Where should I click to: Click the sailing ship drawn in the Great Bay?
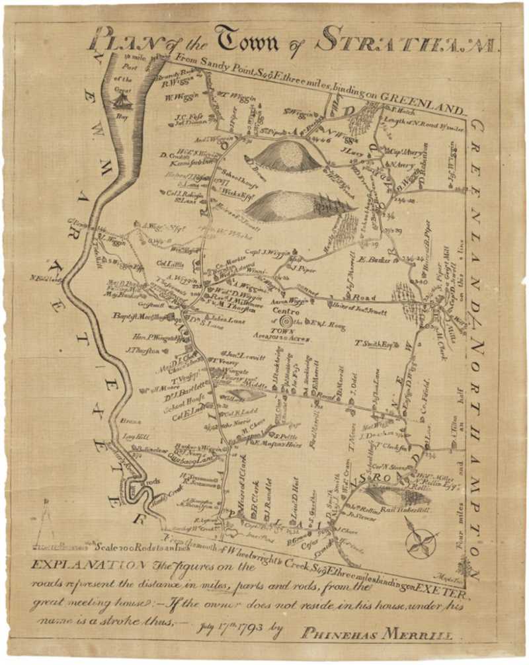coord(122,100)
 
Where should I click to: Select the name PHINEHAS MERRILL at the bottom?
coord(378,633)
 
